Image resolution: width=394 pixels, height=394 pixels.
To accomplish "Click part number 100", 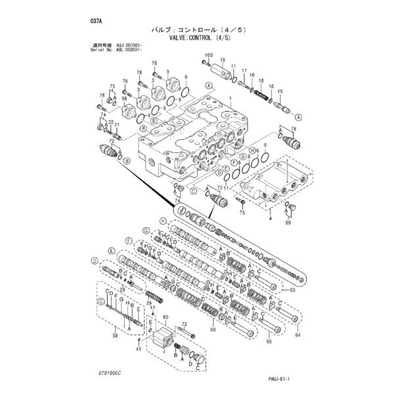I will pyautogui.click(x=209, y=55).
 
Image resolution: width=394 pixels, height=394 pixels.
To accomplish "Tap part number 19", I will pyautogui.click(x=223, y=60).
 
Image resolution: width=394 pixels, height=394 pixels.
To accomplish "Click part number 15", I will pyautogui.click(x=280, y=91).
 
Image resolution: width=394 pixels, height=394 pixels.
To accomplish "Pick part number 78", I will pyautogui.click(x=294, y=130).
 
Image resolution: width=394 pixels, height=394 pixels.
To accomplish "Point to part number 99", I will pyautogui.click(x=286, y=223).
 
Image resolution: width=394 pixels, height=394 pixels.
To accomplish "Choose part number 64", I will pyautogui.click(x=297, y=336).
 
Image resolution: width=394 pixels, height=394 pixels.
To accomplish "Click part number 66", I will pyautogui.click(x=213, y=330).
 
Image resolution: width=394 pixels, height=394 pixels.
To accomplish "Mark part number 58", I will pyautogui.click(x=116, y=335).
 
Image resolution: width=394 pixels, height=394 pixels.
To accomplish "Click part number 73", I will pyautogui.click(x=185, y=324).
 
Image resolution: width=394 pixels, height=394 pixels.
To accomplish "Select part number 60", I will pyautogui.click(x=166, y=317).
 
